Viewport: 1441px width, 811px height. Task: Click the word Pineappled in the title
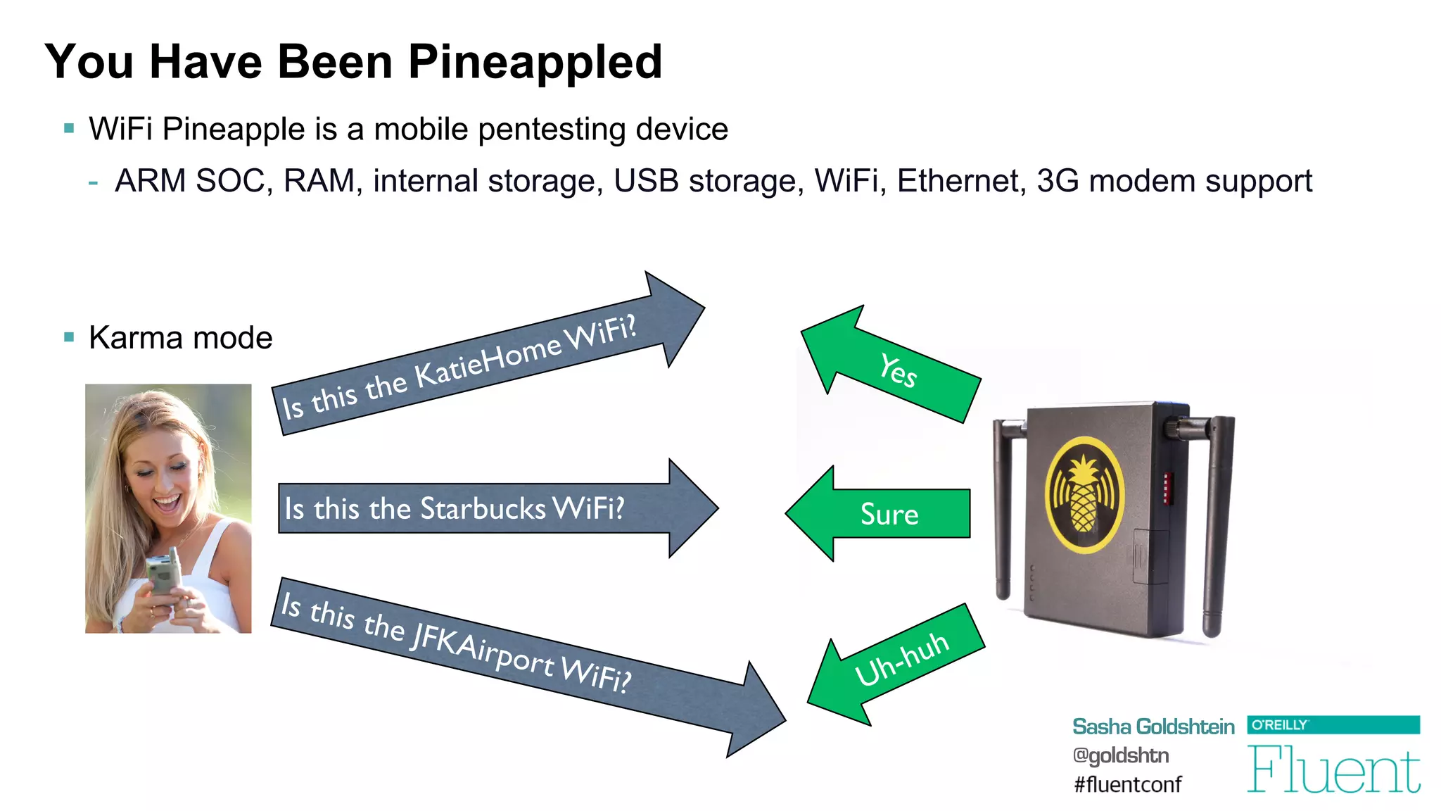pyautogui.click(x=535, y=62)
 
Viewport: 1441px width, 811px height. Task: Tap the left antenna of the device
pyautogui.click(x=1003, y=507)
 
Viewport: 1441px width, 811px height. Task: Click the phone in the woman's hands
pyautogui.click(x=163, y=574)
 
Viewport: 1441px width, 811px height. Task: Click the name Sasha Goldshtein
pyautogui.click(x=1153, y=727)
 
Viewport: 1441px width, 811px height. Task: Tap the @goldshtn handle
pyautogui.click(x=1120, y=755)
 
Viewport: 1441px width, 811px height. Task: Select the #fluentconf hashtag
pyautogui.click(x=1127, y=784)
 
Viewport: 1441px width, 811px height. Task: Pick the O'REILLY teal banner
pyautogui.click(x=1333, y=724)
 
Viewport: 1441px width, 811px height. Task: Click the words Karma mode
pyautogui.click(x=180, y=338)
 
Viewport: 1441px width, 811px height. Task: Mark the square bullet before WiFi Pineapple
pyautogui.click(x=69, y=129)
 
